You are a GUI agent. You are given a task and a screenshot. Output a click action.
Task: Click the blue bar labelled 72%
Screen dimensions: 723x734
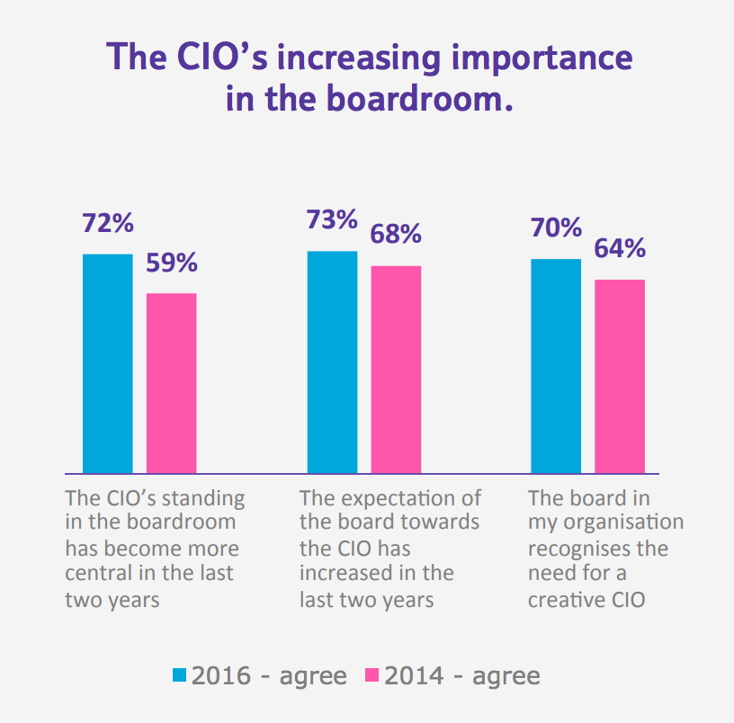click(107, 363)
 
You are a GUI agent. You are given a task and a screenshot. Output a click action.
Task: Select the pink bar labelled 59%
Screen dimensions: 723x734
click(171, 383)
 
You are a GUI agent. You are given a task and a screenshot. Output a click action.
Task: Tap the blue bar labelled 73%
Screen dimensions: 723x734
click(332, 361)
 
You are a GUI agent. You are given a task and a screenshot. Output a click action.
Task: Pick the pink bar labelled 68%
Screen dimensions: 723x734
click(396, 369)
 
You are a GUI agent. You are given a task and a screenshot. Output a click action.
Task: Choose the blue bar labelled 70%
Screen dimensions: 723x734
click(556, 365)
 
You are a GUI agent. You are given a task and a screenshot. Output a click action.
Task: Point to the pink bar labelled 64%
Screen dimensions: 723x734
click(620, 376)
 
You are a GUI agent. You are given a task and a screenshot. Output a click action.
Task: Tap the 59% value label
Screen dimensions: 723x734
click(172, 263)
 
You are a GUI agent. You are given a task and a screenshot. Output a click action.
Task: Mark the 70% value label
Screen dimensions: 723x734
click(556, 228)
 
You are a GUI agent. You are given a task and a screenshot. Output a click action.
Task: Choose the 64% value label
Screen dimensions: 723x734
click(620, 248)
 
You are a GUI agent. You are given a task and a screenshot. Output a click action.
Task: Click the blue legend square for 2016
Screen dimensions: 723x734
click(180, 674)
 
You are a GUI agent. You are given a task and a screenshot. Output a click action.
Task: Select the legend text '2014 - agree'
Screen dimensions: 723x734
click(462, 675)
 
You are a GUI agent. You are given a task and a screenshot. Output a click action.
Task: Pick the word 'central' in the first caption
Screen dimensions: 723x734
click(98, 573)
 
